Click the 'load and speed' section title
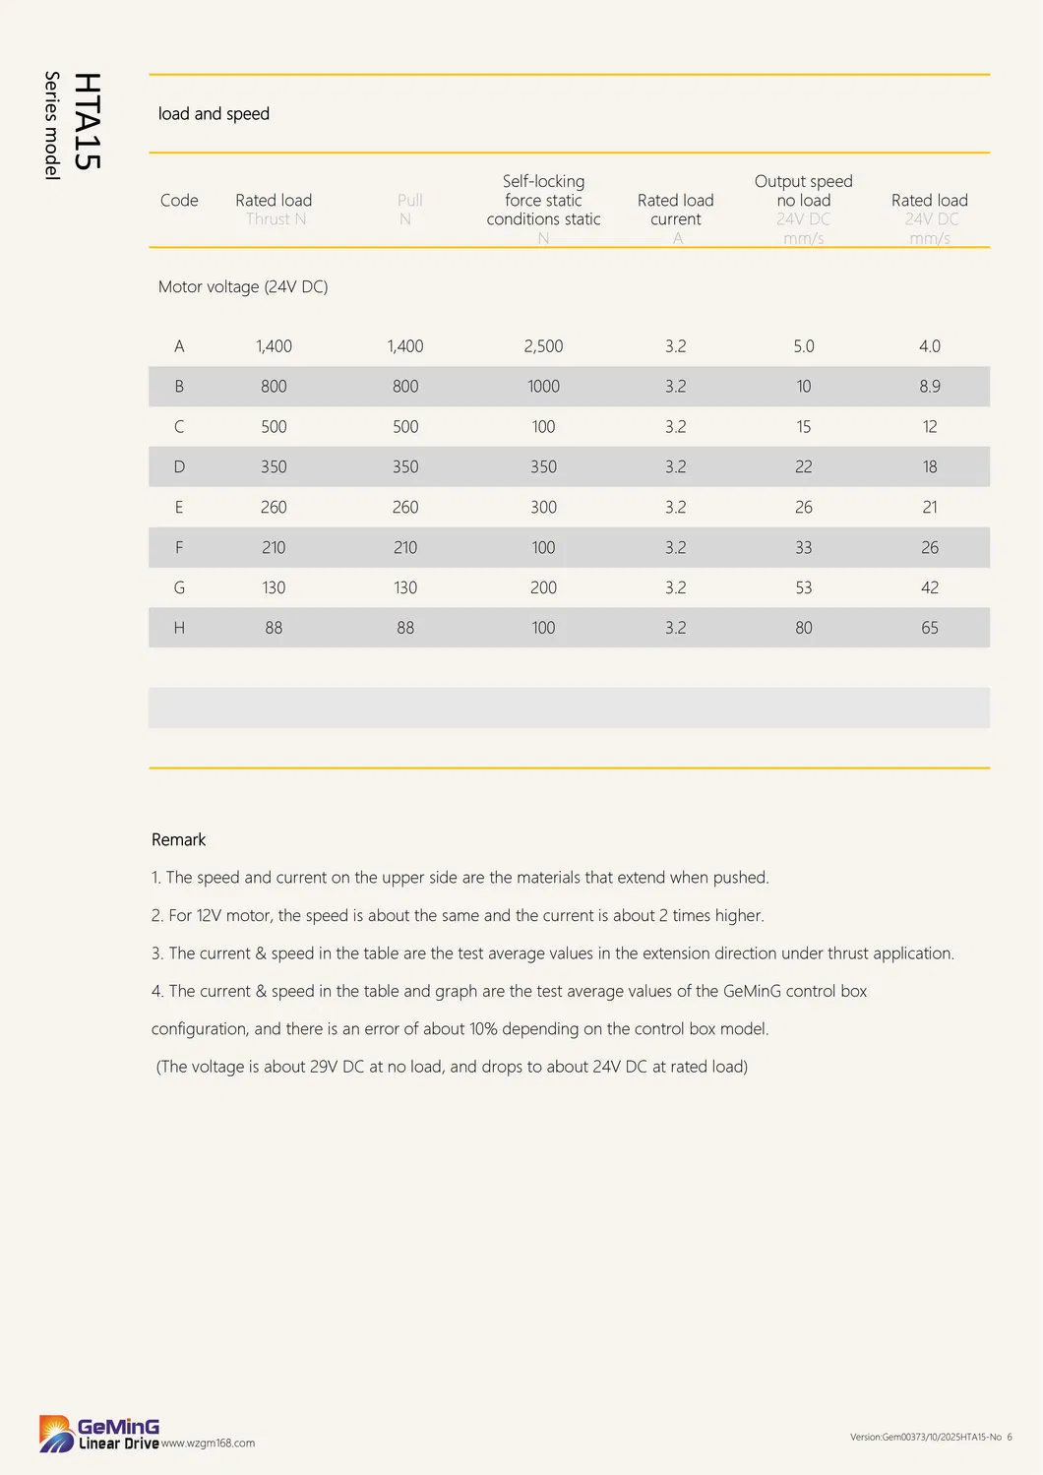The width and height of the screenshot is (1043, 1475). (x=214, y=114)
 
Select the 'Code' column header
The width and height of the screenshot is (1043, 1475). (x=179, y=201)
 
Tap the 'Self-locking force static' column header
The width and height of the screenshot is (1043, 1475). (x=543, y=201)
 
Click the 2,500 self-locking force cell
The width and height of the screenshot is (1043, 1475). (x=543, y=346)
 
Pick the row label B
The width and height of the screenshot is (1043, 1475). (x=179, y=387)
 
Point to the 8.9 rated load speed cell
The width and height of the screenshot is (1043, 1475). (x=929, y=387)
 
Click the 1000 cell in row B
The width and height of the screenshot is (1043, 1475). (x=543, y=387)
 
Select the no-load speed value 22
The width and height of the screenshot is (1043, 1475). (x=803, y=467)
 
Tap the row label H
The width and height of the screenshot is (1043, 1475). (x=179, y=628)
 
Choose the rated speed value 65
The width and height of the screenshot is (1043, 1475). (x=929, y=628)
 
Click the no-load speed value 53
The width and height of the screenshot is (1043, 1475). (x=803, y=587)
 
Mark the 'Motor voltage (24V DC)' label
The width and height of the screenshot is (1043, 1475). (x=243, y=287)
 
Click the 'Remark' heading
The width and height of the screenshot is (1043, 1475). (x=178, y=840)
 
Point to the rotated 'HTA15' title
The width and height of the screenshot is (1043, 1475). (x=88, y=121)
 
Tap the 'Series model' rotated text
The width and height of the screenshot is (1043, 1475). (x=52, y=125)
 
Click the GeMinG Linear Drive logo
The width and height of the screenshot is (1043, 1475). (x=98, y=1434)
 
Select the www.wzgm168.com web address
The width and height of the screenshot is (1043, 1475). (x=208, y=1444)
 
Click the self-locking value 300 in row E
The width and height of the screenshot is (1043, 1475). (x=543, y=508)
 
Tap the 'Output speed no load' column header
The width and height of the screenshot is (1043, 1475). (x=803, y=191)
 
